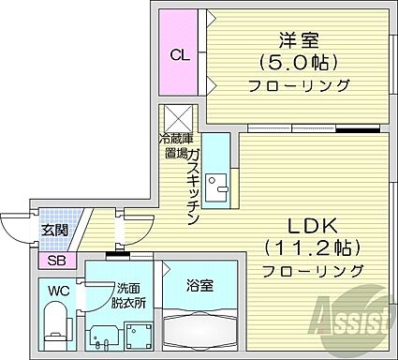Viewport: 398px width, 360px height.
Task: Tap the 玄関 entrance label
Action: coord(53,229)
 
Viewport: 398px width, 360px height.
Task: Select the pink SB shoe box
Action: coord(55,260)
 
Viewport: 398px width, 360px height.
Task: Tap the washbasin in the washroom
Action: coord(100,335)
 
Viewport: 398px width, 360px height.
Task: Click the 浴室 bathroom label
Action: coord(199,284)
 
